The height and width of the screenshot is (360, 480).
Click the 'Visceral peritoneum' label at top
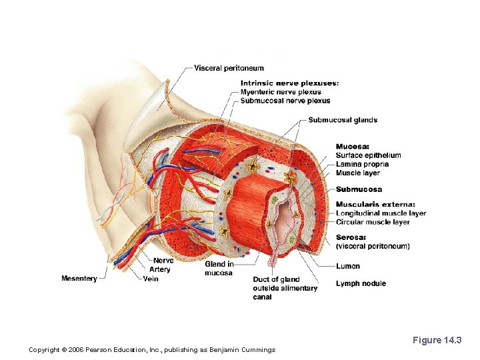coord(229,68)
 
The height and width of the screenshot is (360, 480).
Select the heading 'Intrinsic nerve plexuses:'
coord(289,83)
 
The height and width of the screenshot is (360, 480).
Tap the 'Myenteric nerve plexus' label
coord(281,92)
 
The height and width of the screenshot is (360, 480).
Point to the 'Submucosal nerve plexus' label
coord(285,101)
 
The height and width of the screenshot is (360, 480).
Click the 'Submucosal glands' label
coord(343,120)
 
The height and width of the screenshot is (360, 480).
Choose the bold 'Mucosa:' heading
coord(353,147)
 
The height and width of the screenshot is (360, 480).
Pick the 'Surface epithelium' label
coord(369,156)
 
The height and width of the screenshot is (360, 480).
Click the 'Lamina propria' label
coord(362,164)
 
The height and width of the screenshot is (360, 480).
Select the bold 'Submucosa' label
coord(359,189)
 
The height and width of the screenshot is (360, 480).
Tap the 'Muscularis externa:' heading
coord(375,205)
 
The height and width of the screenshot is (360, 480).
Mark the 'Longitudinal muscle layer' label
coord(381,213)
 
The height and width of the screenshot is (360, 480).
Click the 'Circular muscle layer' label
coord(373,222)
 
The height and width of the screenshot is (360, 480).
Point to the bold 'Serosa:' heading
coord(351,237)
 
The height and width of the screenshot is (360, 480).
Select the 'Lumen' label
coord(348,266)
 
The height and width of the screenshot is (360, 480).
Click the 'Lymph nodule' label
coord(361,283)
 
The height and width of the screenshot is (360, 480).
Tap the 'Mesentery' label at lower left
coord(79,278)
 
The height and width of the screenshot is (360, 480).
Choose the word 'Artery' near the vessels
coord(160,269)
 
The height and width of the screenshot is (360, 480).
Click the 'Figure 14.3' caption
coord(437,341)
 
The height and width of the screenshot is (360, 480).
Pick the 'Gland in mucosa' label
coord(219,269)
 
